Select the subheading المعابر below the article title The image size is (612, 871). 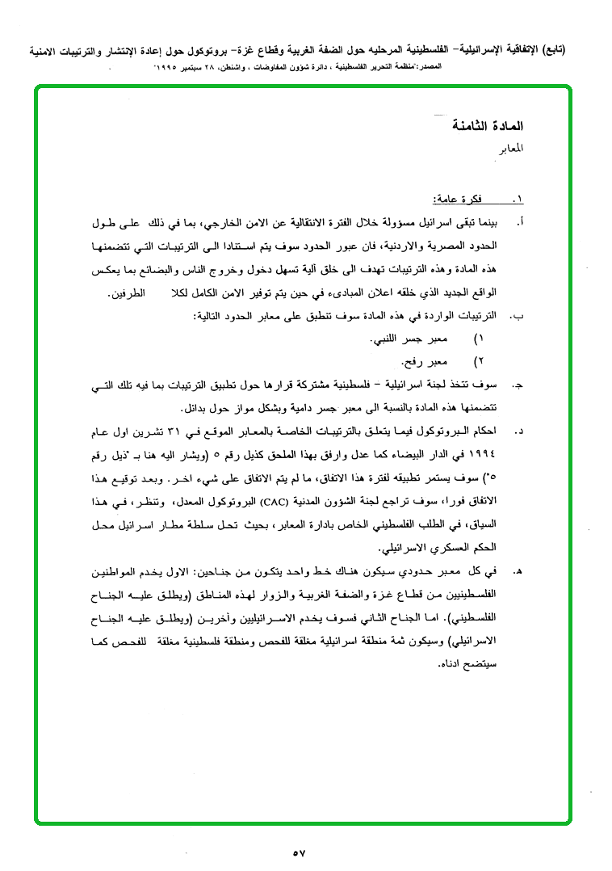pos(508,150)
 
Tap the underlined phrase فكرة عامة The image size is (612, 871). pos(456,199)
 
